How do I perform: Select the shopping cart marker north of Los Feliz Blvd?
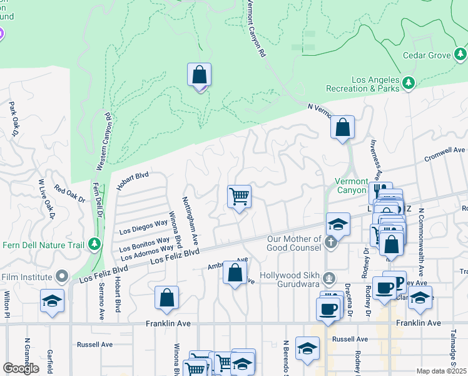click(x=239, y=197)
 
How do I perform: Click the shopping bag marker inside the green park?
click(x=199, y=76)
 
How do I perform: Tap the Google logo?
click(x=21, y=368)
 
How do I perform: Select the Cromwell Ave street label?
click(x=445, y=152)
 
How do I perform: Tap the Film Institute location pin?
click(x=61, y=276)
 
